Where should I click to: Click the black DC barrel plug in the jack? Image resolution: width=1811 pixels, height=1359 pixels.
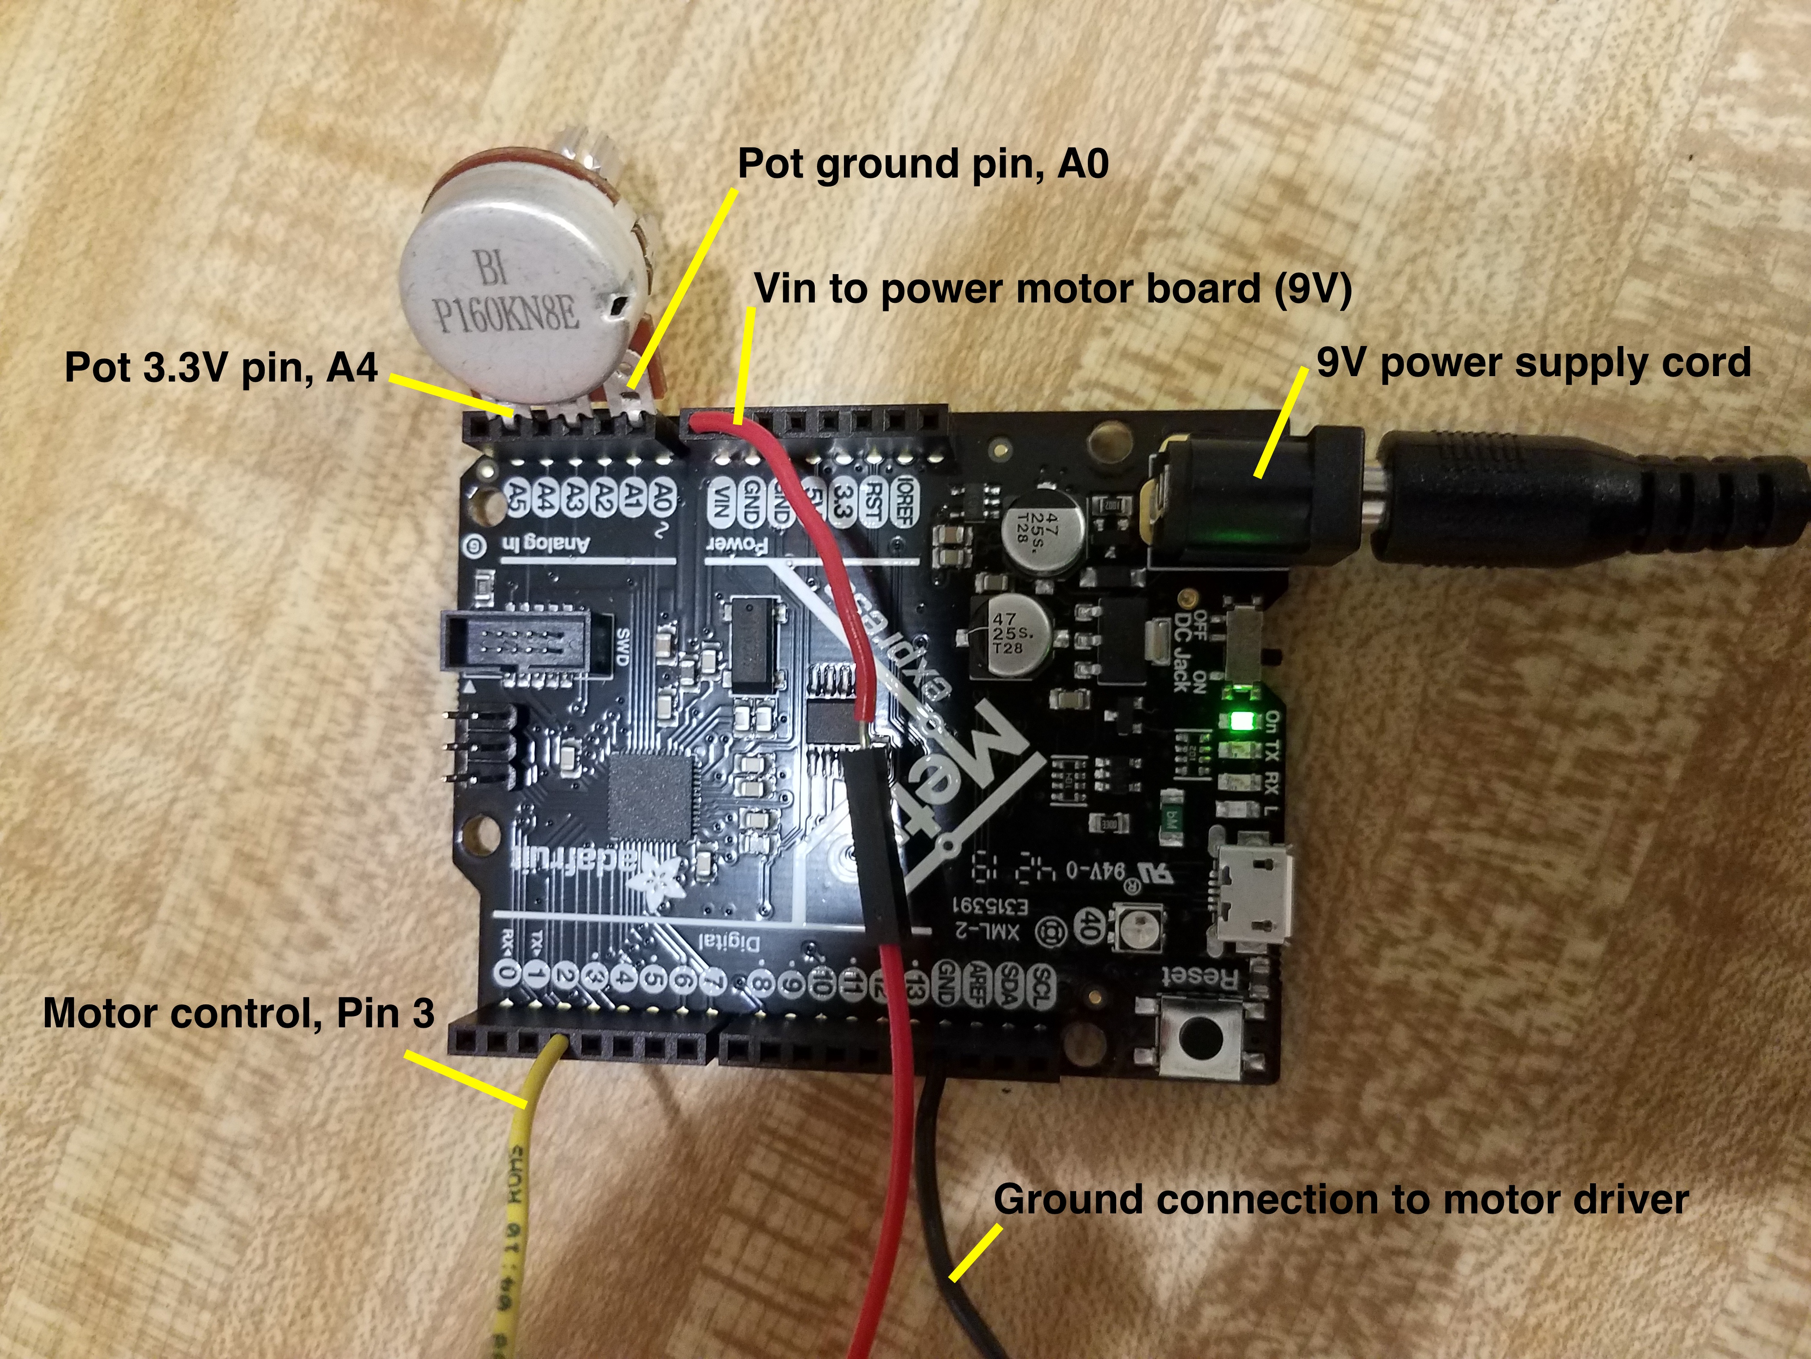coord(1555,500)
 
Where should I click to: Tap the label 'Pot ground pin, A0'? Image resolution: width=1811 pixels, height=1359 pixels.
coord(923,164)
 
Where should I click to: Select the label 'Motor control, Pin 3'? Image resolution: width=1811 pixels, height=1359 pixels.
coord(238,1013)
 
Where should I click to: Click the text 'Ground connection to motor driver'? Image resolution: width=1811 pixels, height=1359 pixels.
coord(1340,1199)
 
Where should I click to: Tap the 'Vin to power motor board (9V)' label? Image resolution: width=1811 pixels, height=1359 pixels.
coord(1052,289)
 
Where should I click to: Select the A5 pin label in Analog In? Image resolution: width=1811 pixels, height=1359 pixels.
coord(516,497)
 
